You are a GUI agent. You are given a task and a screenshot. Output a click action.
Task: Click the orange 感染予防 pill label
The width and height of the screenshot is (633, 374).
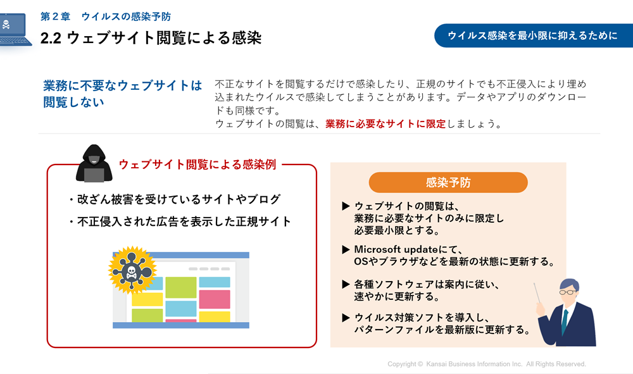click(x=448, y=182)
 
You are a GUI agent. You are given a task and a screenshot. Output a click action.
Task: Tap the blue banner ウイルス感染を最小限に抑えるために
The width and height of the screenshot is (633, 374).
click(x=534, y=35)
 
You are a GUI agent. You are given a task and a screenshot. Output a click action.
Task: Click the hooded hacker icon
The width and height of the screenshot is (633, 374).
click(x=94, y=163)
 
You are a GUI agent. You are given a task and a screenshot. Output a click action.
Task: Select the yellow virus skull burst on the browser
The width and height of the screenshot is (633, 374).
click(x=132, y=270)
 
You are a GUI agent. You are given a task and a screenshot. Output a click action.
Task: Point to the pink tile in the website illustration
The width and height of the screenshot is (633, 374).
click(x=215, y=299)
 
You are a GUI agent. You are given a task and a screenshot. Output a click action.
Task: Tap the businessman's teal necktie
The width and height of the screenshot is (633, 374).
click(x=565, y=321)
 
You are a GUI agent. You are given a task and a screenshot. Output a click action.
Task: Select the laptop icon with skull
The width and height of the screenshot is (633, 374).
click(x=15, y=30)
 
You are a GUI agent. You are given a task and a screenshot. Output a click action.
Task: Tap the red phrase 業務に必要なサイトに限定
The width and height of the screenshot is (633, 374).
click(x=385, y=124)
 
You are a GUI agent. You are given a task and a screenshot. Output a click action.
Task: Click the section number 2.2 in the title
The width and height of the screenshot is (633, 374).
click(x=51, y=39)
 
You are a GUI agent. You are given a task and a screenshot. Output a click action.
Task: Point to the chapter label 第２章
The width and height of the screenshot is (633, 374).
click(x=55, y=16)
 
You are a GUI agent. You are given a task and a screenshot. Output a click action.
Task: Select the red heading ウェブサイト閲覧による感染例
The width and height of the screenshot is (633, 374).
click(x=197, y=165)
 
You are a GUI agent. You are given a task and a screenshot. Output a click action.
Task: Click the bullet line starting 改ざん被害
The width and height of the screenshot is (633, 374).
click(x=175, y=199)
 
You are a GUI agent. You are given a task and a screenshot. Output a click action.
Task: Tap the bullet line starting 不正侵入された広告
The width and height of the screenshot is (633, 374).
click(x=180, y=221)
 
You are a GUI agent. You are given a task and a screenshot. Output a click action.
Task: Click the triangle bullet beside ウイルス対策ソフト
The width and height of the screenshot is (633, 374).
click(x=346, y=318)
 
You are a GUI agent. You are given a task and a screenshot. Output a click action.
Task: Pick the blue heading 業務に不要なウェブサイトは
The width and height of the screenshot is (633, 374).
click(x=123, y=85)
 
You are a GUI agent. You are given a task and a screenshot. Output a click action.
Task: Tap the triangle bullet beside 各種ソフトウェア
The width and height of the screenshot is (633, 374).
click(x=346, y=284)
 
